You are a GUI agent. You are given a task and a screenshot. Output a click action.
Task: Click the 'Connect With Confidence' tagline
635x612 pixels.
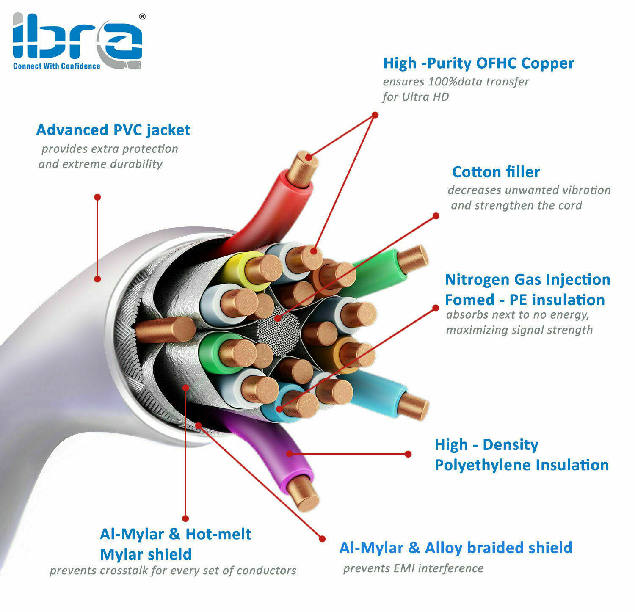click(x=56, y=66)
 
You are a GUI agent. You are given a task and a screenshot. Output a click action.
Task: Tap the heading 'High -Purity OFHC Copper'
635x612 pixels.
click(x=478, y=63)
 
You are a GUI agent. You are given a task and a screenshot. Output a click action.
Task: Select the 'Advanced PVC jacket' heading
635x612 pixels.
click(x=113, y=130)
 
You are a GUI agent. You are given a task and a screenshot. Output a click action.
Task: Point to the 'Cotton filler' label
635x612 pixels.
click(x=496, y=172)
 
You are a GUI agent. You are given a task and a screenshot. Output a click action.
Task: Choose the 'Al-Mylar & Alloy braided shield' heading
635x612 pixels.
click(x=456, y=548)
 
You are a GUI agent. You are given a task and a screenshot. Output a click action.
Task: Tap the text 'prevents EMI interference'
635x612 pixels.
click(x=413, y=568)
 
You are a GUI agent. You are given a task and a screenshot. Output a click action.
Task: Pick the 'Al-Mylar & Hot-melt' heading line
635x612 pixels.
click(x=175, y=534)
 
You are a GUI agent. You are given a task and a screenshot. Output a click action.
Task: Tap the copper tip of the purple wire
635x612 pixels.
click(x=303, y=494)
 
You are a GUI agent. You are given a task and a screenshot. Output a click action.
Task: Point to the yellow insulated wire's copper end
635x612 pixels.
click(x=263, y=268)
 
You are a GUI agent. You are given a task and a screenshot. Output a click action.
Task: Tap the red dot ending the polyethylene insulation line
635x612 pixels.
click(x=408, y=454)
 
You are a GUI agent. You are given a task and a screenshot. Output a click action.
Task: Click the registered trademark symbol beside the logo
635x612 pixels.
click(x=142, y=17)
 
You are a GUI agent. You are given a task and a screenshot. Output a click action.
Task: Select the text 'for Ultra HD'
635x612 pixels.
click(x=415, y=97)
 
